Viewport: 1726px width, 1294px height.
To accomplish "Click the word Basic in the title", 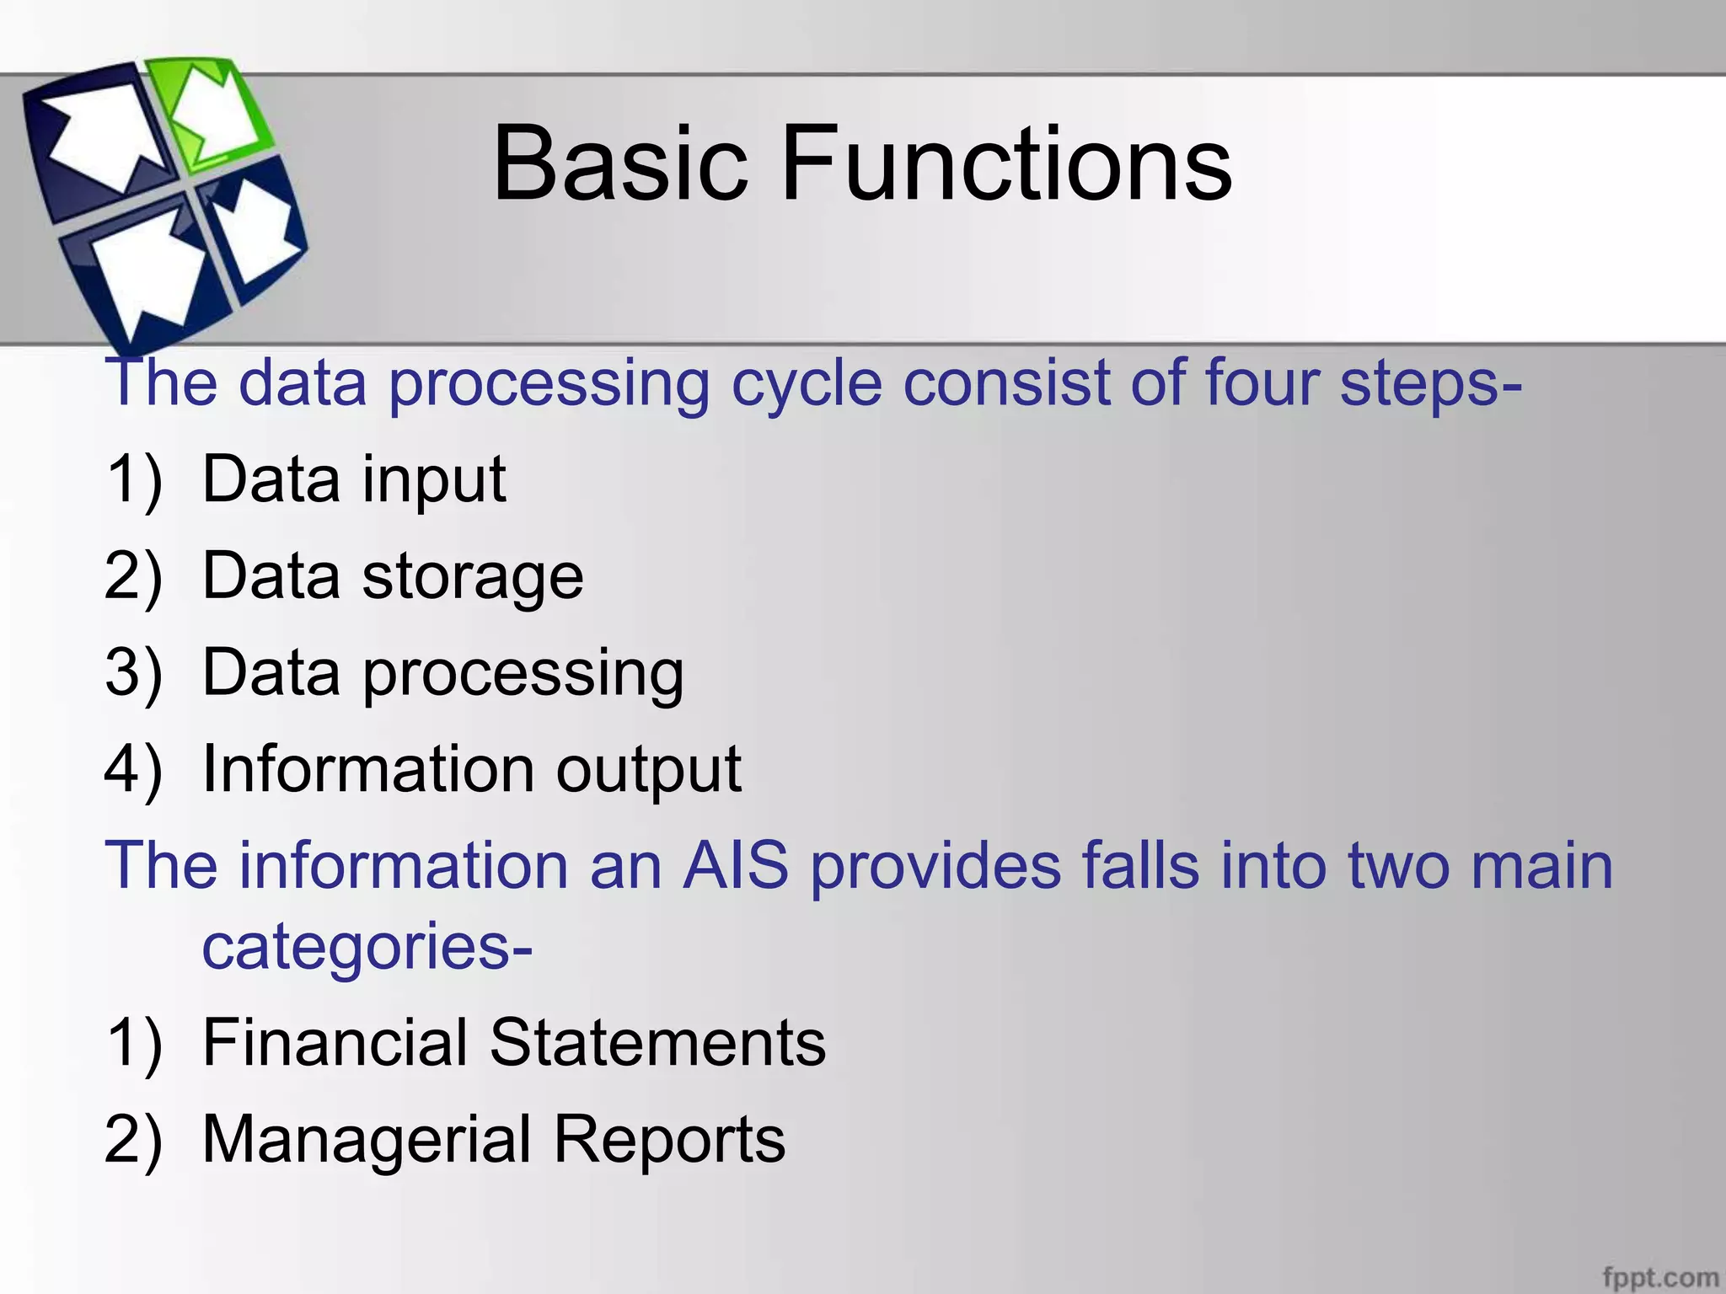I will (619, 164).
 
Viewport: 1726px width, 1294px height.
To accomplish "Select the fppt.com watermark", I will (1659, 1277).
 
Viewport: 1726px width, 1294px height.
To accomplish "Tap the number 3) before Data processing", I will (132, 674).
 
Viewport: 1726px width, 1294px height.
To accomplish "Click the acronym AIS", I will (735, 866).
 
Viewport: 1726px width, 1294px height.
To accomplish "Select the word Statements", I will (657, 1043).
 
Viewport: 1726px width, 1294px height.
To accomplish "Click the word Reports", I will (669, 1140).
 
